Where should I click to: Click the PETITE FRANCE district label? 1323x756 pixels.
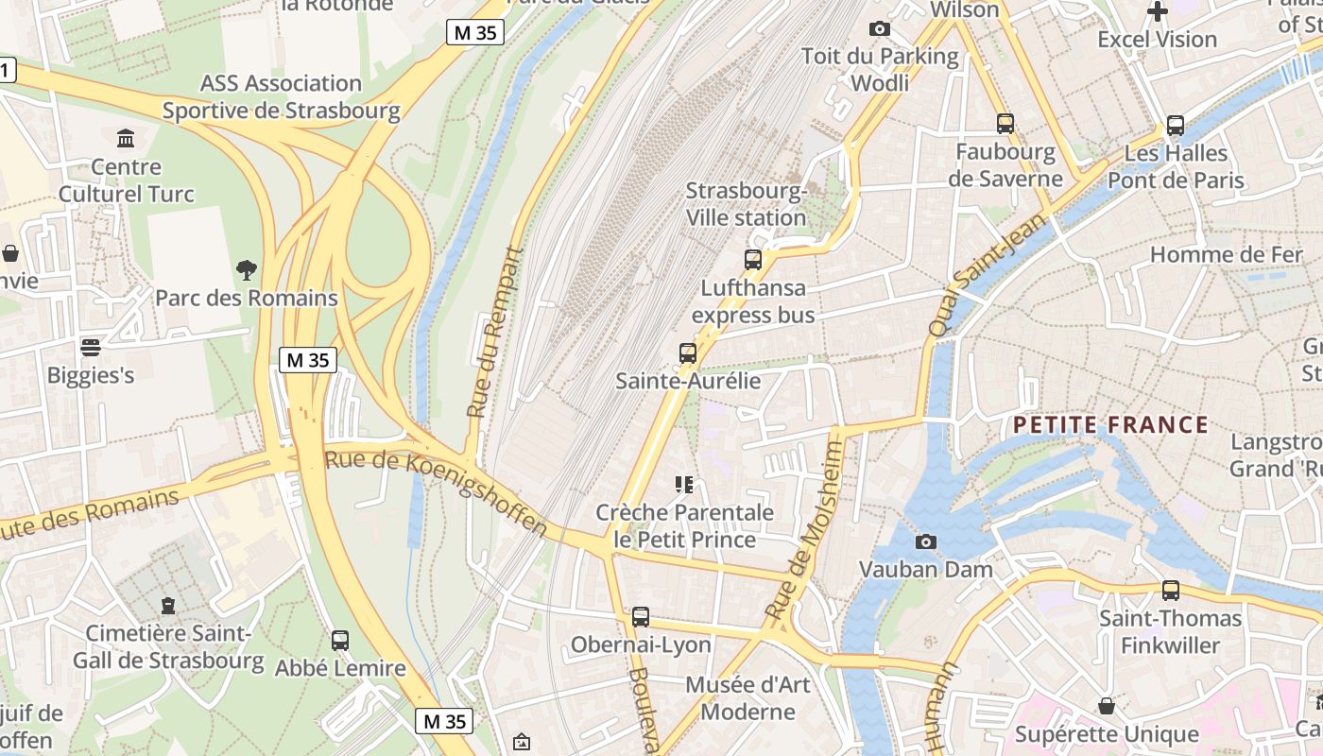tap(1110, 424)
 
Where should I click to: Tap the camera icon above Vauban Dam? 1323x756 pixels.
tap(926, 541)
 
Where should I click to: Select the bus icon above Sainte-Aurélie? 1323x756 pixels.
tap(688, 353)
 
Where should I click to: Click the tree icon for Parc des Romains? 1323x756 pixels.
tap(247, 270)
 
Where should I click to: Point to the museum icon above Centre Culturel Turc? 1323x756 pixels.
tap(126, 139)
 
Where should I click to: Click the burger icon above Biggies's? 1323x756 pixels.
tap(91, 347)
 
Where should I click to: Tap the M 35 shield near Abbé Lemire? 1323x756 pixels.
tap(444, 721)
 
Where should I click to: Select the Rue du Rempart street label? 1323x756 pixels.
tap(495, 333)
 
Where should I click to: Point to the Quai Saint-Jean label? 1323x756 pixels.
tap(988, 274)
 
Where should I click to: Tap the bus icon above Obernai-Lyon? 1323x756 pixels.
tap(641, 617)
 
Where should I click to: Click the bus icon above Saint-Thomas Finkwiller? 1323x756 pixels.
tap(1171, 591)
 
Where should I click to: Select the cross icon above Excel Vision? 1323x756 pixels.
tap(1157, 11)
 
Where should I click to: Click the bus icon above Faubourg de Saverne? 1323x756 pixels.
tap(1005, 123)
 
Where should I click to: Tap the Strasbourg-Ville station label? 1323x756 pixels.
tap(746, 204)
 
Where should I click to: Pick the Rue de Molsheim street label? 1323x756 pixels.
tap(804, 529)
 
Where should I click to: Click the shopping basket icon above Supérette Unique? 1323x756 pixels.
tap(1107, 706)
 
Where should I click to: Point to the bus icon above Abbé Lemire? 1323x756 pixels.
tap(340, 640)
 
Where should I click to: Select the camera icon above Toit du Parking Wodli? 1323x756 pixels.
tap(880, 29)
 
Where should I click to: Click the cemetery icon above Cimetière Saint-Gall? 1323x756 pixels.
tap(168, 605)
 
